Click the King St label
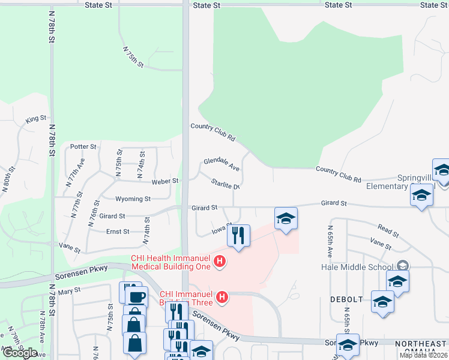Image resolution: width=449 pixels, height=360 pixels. coord(36,119)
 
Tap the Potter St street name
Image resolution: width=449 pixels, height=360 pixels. coord(83,146)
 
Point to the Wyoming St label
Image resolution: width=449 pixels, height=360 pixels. coord(134,199)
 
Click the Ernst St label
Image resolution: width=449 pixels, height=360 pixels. coord(118,232)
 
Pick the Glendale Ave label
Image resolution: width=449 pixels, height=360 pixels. coord(221,164)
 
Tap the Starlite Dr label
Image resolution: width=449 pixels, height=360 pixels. coord(226,184)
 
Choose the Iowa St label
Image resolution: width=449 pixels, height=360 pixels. coord(221,229)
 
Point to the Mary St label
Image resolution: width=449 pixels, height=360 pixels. coord(69,291)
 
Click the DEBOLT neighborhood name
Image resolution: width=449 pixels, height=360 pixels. coord(346,299)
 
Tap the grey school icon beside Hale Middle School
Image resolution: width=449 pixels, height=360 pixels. coord(403,266)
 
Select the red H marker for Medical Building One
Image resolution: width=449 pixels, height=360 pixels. coord(220,261)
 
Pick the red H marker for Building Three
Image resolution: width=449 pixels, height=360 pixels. coord(222,297)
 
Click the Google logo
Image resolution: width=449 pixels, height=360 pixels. coord(20,352)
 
